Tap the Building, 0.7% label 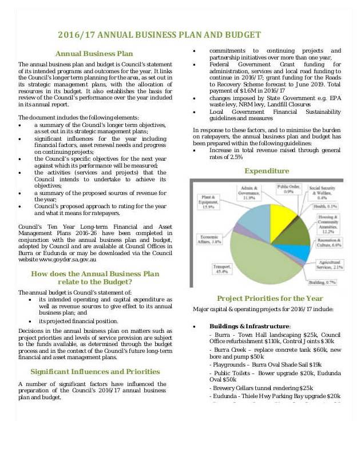(322, 283)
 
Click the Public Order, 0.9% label (289, 189)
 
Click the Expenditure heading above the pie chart (266, 170)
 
